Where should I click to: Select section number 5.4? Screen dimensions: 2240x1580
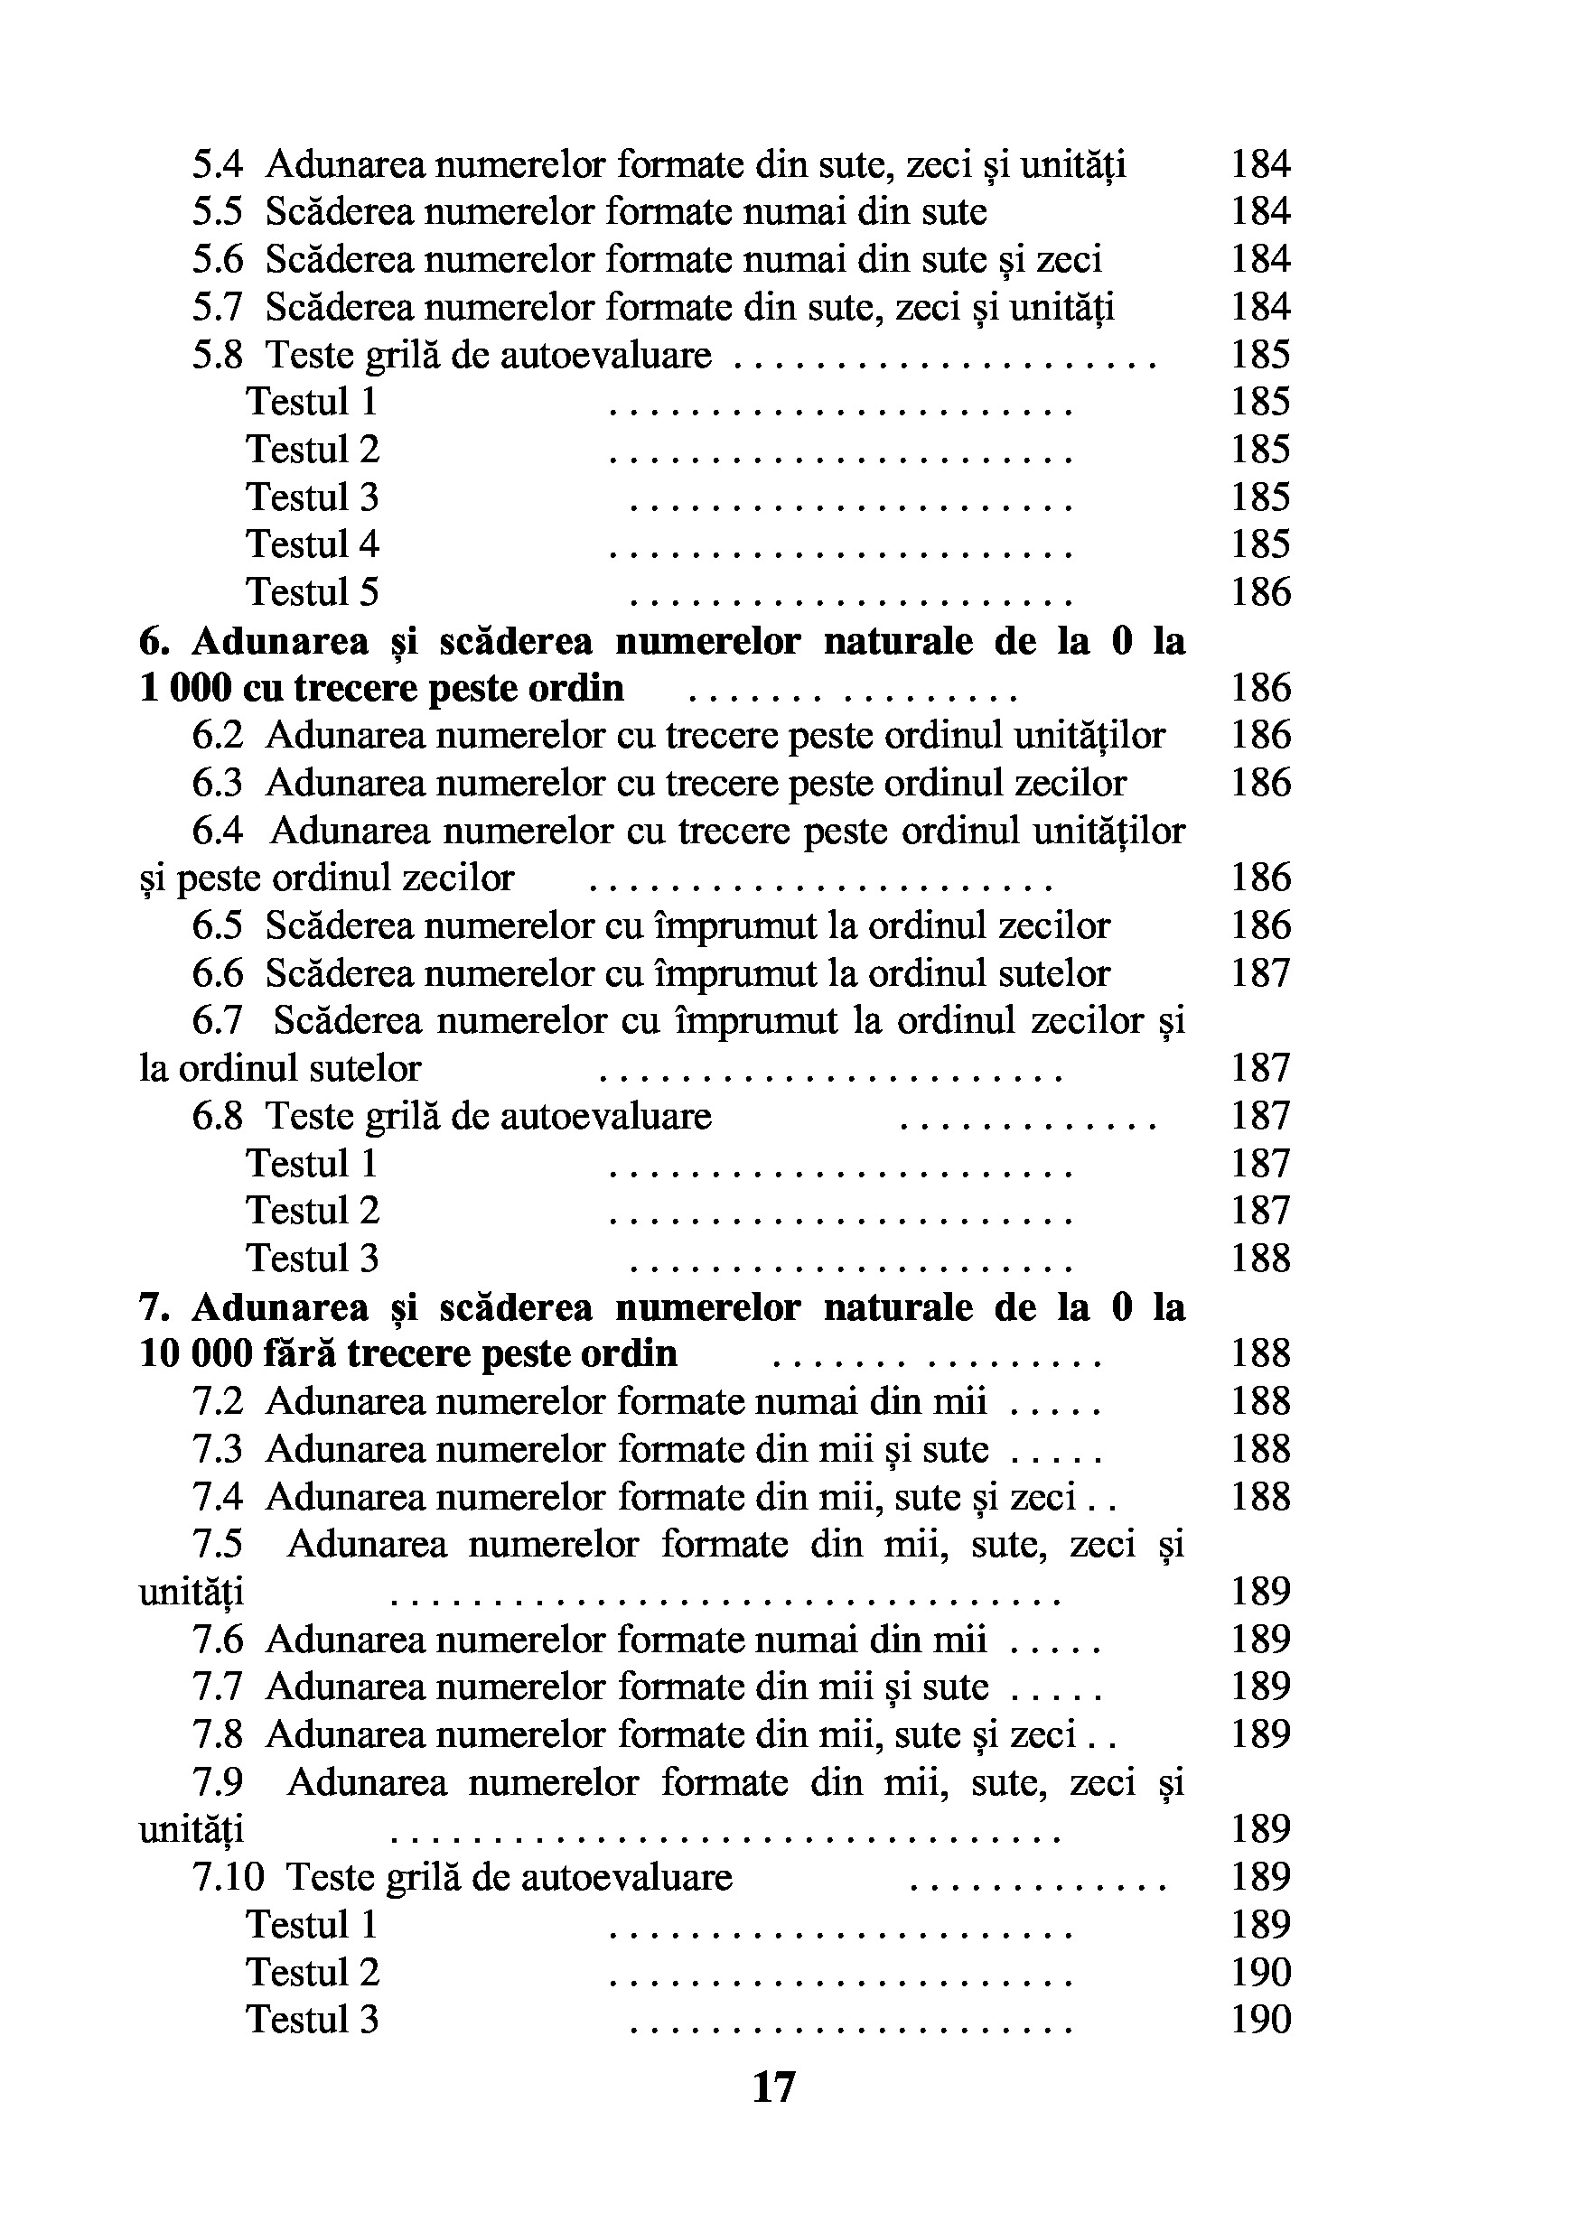217,164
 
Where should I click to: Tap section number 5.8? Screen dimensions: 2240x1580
217,354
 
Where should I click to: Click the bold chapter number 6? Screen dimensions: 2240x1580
154,641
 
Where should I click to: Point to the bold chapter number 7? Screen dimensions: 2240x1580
154,1307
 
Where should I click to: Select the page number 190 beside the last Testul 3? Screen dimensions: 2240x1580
1260,2019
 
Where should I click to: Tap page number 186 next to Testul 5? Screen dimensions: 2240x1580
1260,592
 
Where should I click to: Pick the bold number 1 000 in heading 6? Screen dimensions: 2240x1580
184,689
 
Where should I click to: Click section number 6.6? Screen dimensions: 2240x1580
217,973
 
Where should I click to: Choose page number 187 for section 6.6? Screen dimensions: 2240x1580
1260,973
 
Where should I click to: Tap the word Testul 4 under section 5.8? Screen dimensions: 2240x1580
313,544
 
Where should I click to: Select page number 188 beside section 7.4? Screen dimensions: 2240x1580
1260,1497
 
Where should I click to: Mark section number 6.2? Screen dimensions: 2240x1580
217,736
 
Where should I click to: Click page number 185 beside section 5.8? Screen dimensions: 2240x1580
1260,354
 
